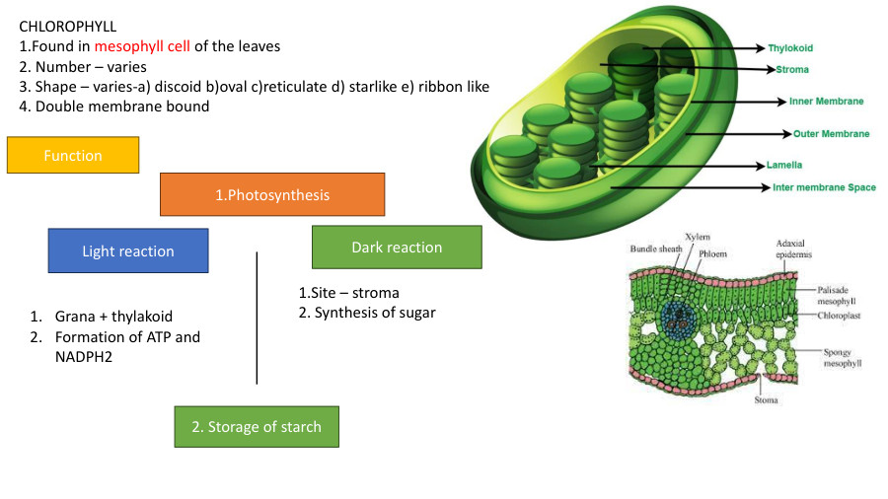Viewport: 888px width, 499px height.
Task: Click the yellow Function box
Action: [x=73, y=155]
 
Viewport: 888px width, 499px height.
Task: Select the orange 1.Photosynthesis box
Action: [x=272, y=194]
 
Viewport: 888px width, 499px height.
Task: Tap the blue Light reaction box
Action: [x=128, y=250]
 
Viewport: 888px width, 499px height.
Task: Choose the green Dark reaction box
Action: [x=397, y=247]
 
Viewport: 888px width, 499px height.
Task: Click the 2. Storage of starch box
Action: [x=257, y=426]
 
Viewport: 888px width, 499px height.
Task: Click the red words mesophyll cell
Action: [x=142, y=46]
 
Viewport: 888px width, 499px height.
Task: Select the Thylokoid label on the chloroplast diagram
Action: [x=790, y=47]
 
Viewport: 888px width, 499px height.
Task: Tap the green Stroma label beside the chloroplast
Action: [x=791, y=70]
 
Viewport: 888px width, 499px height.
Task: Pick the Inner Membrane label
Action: [x=826, y=101]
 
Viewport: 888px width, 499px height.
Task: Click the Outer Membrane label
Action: [x=831, y=133]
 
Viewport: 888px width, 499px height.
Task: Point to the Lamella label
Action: [x=784, y=165]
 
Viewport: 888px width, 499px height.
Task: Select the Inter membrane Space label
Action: [x=824, y=187]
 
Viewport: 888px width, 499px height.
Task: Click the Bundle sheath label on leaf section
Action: [x=655, y=249]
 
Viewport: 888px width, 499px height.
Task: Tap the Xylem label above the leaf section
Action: [x=697, y=237]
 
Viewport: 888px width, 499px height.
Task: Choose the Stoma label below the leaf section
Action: [x=766, y=400]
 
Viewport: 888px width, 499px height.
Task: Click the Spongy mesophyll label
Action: [x=843, y=357]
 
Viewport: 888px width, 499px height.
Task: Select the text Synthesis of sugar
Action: [x=375, y=313]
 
